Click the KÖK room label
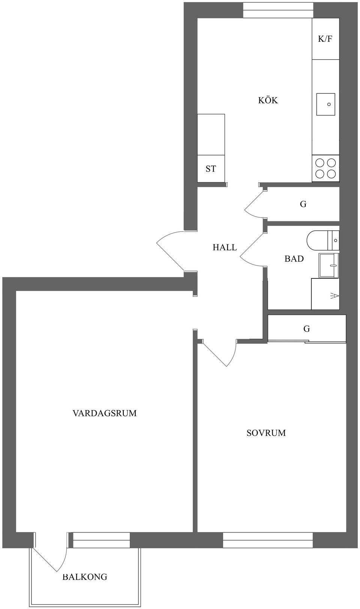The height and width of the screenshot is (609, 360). pyautogui.click(x=268, y=100)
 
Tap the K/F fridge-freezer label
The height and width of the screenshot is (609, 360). pyautogui.click(x=325, y=39)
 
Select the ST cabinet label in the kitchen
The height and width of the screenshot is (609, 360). pyautogui.click(x=211, y=169)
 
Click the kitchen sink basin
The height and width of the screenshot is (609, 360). pyautogui.click(x=325, y=104)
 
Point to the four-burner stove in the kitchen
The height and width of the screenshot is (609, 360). pyautogui.click(x=325, y=168)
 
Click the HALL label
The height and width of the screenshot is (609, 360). pyautogui.click(x=225, y=247)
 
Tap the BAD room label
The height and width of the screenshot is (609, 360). pyautogui.click(x=294, y=259)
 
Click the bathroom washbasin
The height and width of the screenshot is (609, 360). pyautogui.click(x=329, y=265)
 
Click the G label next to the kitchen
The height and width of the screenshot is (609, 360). pyautogui.click(x=303, y=204)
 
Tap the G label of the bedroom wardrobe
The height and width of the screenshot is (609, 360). pyautogui.click(x=306, y=329)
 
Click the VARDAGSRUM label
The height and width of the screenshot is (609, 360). pyautogui.click(x=104, y=413)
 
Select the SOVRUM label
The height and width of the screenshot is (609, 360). pyautogui.click(x=266, y=433)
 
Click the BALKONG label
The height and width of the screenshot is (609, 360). pyautogui.click(x=85, y=577)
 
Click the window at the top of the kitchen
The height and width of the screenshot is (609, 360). pyautogui.click(x=278, y=10)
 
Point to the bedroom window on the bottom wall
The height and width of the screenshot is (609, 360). pyautogui.click(x=268, y=540)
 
